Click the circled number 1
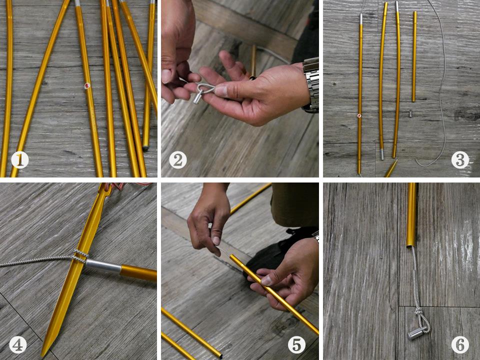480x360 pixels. tap(20, 160)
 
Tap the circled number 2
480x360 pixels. tap(178, 160)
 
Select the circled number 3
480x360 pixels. tap(460, 159)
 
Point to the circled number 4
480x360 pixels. tap(18, 345)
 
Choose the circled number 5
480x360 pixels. tap(296, 345)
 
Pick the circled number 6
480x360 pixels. tap(460, 345)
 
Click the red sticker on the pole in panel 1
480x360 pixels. tap(87, 85)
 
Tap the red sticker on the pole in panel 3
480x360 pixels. tap(359, 115)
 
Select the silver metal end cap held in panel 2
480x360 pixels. tap(197, 98)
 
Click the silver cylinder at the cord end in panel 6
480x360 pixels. tap(415, 333)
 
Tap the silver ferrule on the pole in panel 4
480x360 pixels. tap(103, 266)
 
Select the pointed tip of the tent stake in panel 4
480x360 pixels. tap(42, 355)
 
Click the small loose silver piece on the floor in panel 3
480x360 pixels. tap(410, 113)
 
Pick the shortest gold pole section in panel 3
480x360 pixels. tap(414, 56)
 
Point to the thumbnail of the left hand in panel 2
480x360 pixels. tap(166, 76)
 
